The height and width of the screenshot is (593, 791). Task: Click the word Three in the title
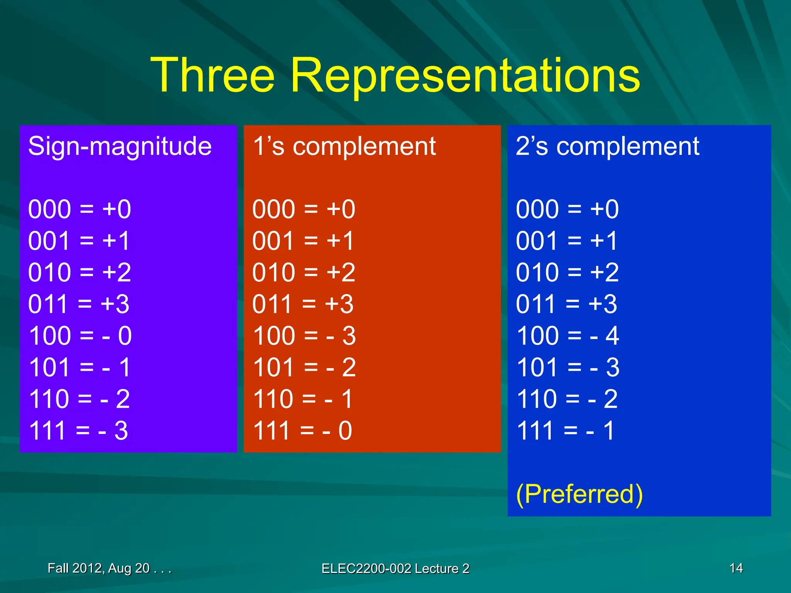click(212, 75)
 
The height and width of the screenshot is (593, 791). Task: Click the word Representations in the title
click(465, 75)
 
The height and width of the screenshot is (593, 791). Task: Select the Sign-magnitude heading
click(120, 147)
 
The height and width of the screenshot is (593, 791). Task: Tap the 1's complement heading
click(344, 147)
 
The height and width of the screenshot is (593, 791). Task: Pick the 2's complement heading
click(608, 147)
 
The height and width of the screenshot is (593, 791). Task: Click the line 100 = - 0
click(80, 335)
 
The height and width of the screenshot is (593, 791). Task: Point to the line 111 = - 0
click(302, 430)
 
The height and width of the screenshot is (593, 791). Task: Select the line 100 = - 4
click(568, 335)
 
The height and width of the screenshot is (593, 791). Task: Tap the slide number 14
click(736, 568)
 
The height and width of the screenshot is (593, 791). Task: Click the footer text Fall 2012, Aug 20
click(109, 568)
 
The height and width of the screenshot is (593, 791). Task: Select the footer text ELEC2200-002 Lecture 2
click(395, 568)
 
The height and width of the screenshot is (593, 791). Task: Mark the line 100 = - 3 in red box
click(304, 335)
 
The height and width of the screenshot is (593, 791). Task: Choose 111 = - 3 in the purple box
click(78, 430)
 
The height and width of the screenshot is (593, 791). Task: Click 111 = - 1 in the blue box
click(565, 430)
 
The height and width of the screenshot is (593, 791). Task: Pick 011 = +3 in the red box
click(303, 304)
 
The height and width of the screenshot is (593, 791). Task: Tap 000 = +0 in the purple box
click(80, 209)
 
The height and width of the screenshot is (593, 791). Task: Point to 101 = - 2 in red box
click(304, 367)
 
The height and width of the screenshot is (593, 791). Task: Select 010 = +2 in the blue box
click(567, 272)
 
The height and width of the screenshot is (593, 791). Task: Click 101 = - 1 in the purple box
click(80, 367)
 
